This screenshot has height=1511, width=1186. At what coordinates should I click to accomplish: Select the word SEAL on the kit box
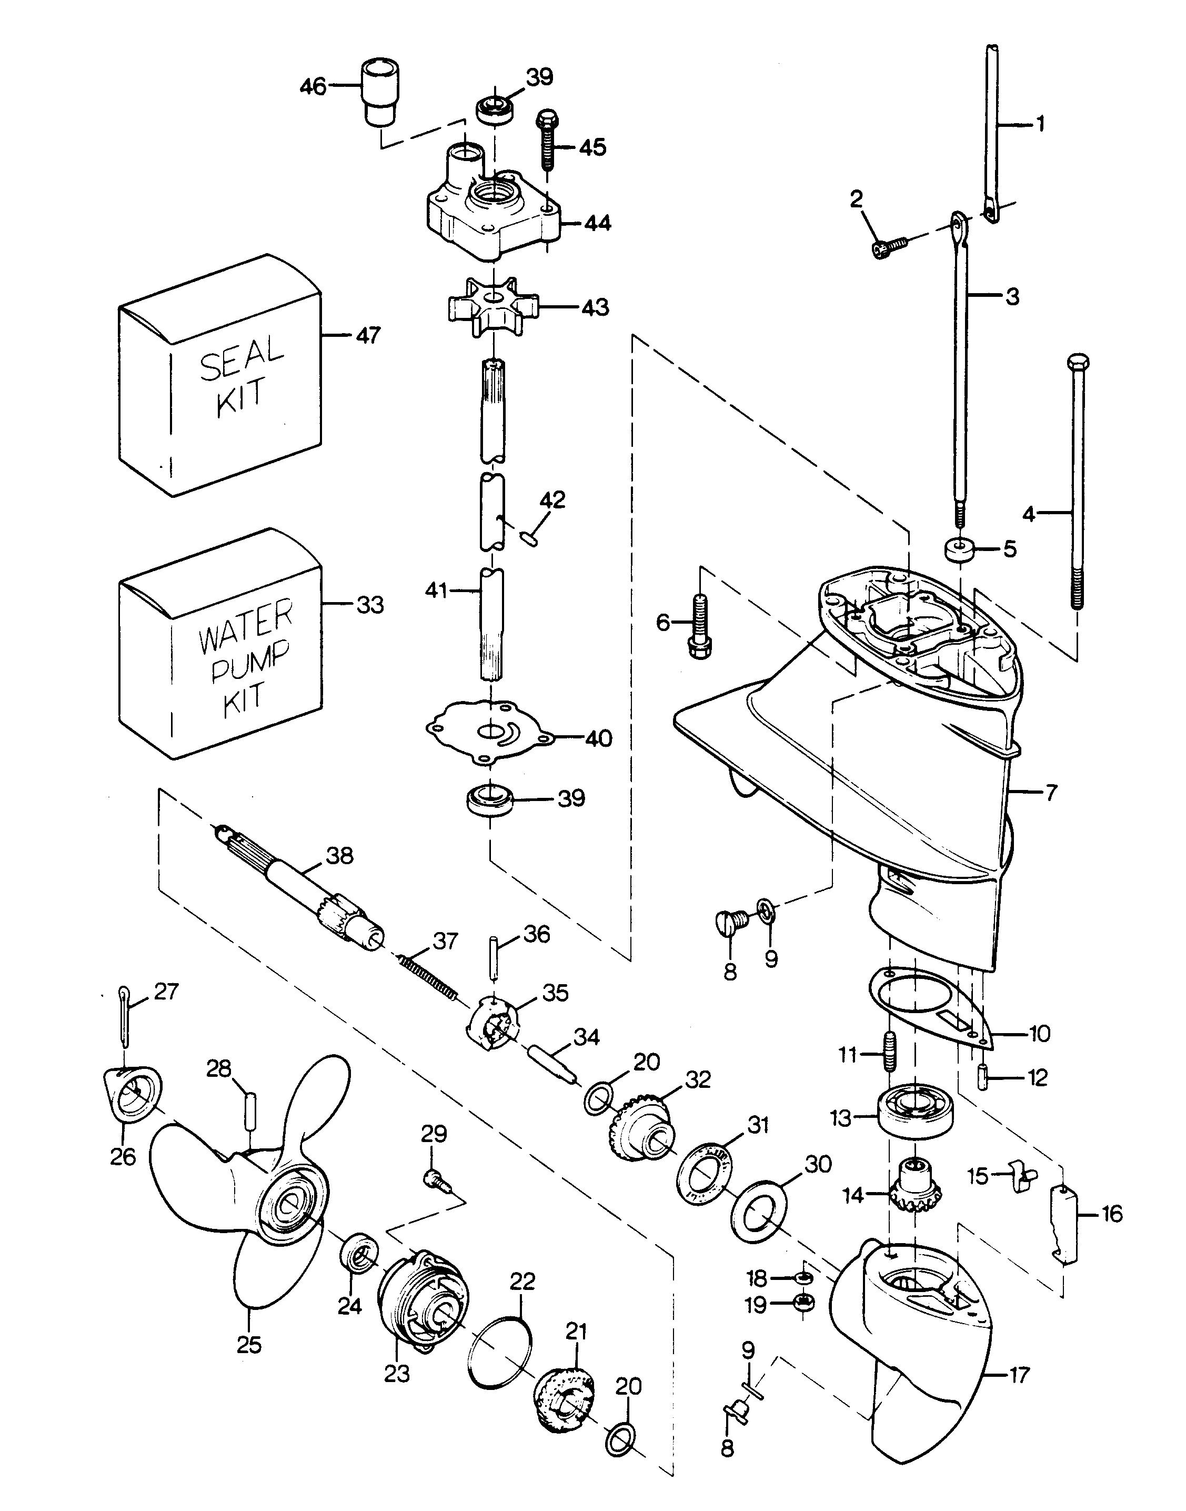click(x=242, y=358)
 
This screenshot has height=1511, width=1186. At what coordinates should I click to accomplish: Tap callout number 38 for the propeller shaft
click(x=339, y=855)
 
